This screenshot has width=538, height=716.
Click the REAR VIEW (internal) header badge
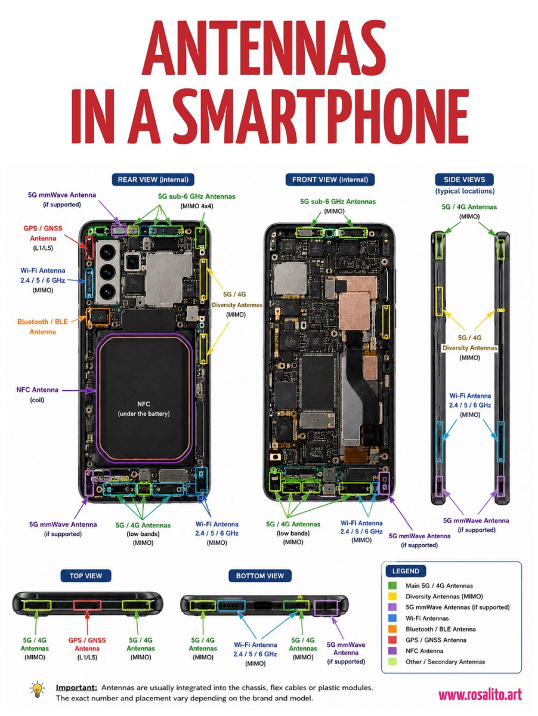pos(153,180)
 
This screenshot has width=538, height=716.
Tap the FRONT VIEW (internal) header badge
pos(330,180)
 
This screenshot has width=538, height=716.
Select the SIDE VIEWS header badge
pos(464,180)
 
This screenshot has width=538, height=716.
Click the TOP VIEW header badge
pos(86,576)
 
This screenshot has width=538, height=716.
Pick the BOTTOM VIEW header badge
pos(260,576)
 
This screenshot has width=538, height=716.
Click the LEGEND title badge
pos(406,571)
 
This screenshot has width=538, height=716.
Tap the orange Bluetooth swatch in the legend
pos(392,629)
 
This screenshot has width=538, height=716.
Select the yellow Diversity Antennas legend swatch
pos(392,596)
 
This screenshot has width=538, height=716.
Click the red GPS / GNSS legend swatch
pos(392,640)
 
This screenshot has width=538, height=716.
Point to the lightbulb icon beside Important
pos(38,689)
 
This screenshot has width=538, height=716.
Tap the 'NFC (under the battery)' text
pos(144,409)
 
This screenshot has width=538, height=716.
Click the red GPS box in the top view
pos(87,605)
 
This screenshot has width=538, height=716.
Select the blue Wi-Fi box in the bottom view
pos(231,605)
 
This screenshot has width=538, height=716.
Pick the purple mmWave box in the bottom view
pos(326,607)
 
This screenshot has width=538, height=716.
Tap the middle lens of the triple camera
pos(107,271)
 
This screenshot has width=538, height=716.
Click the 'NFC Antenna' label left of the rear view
pos(37,390)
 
